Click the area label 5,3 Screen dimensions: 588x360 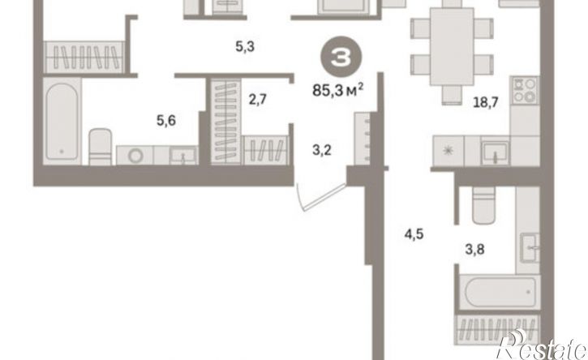(245, 47)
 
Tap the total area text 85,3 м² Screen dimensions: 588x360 (338, 90)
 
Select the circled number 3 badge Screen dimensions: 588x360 (341, 57)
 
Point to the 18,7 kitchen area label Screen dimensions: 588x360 (486, 101)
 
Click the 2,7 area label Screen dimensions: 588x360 (258, 100)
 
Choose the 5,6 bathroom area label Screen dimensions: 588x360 (166, 121)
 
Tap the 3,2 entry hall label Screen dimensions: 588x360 (322, 150)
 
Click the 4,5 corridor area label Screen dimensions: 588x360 (414, 234)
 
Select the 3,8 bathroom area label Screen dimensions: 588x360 (474, 249)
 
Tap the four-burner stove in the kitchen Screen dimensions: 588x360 (525, 90)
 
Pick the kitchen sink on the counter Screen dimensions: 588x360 (495, 152)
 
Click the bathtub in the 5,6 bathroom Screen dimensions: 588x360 (62, 121)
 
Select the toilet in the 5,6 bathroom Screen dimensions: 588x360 (100, 147)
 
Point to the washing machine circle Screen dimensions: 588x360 (135, 156)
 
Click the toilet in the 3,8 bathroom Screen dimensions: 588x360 (483, 205)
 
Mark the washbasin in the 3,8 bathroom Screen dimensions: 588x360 (530, 247)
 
